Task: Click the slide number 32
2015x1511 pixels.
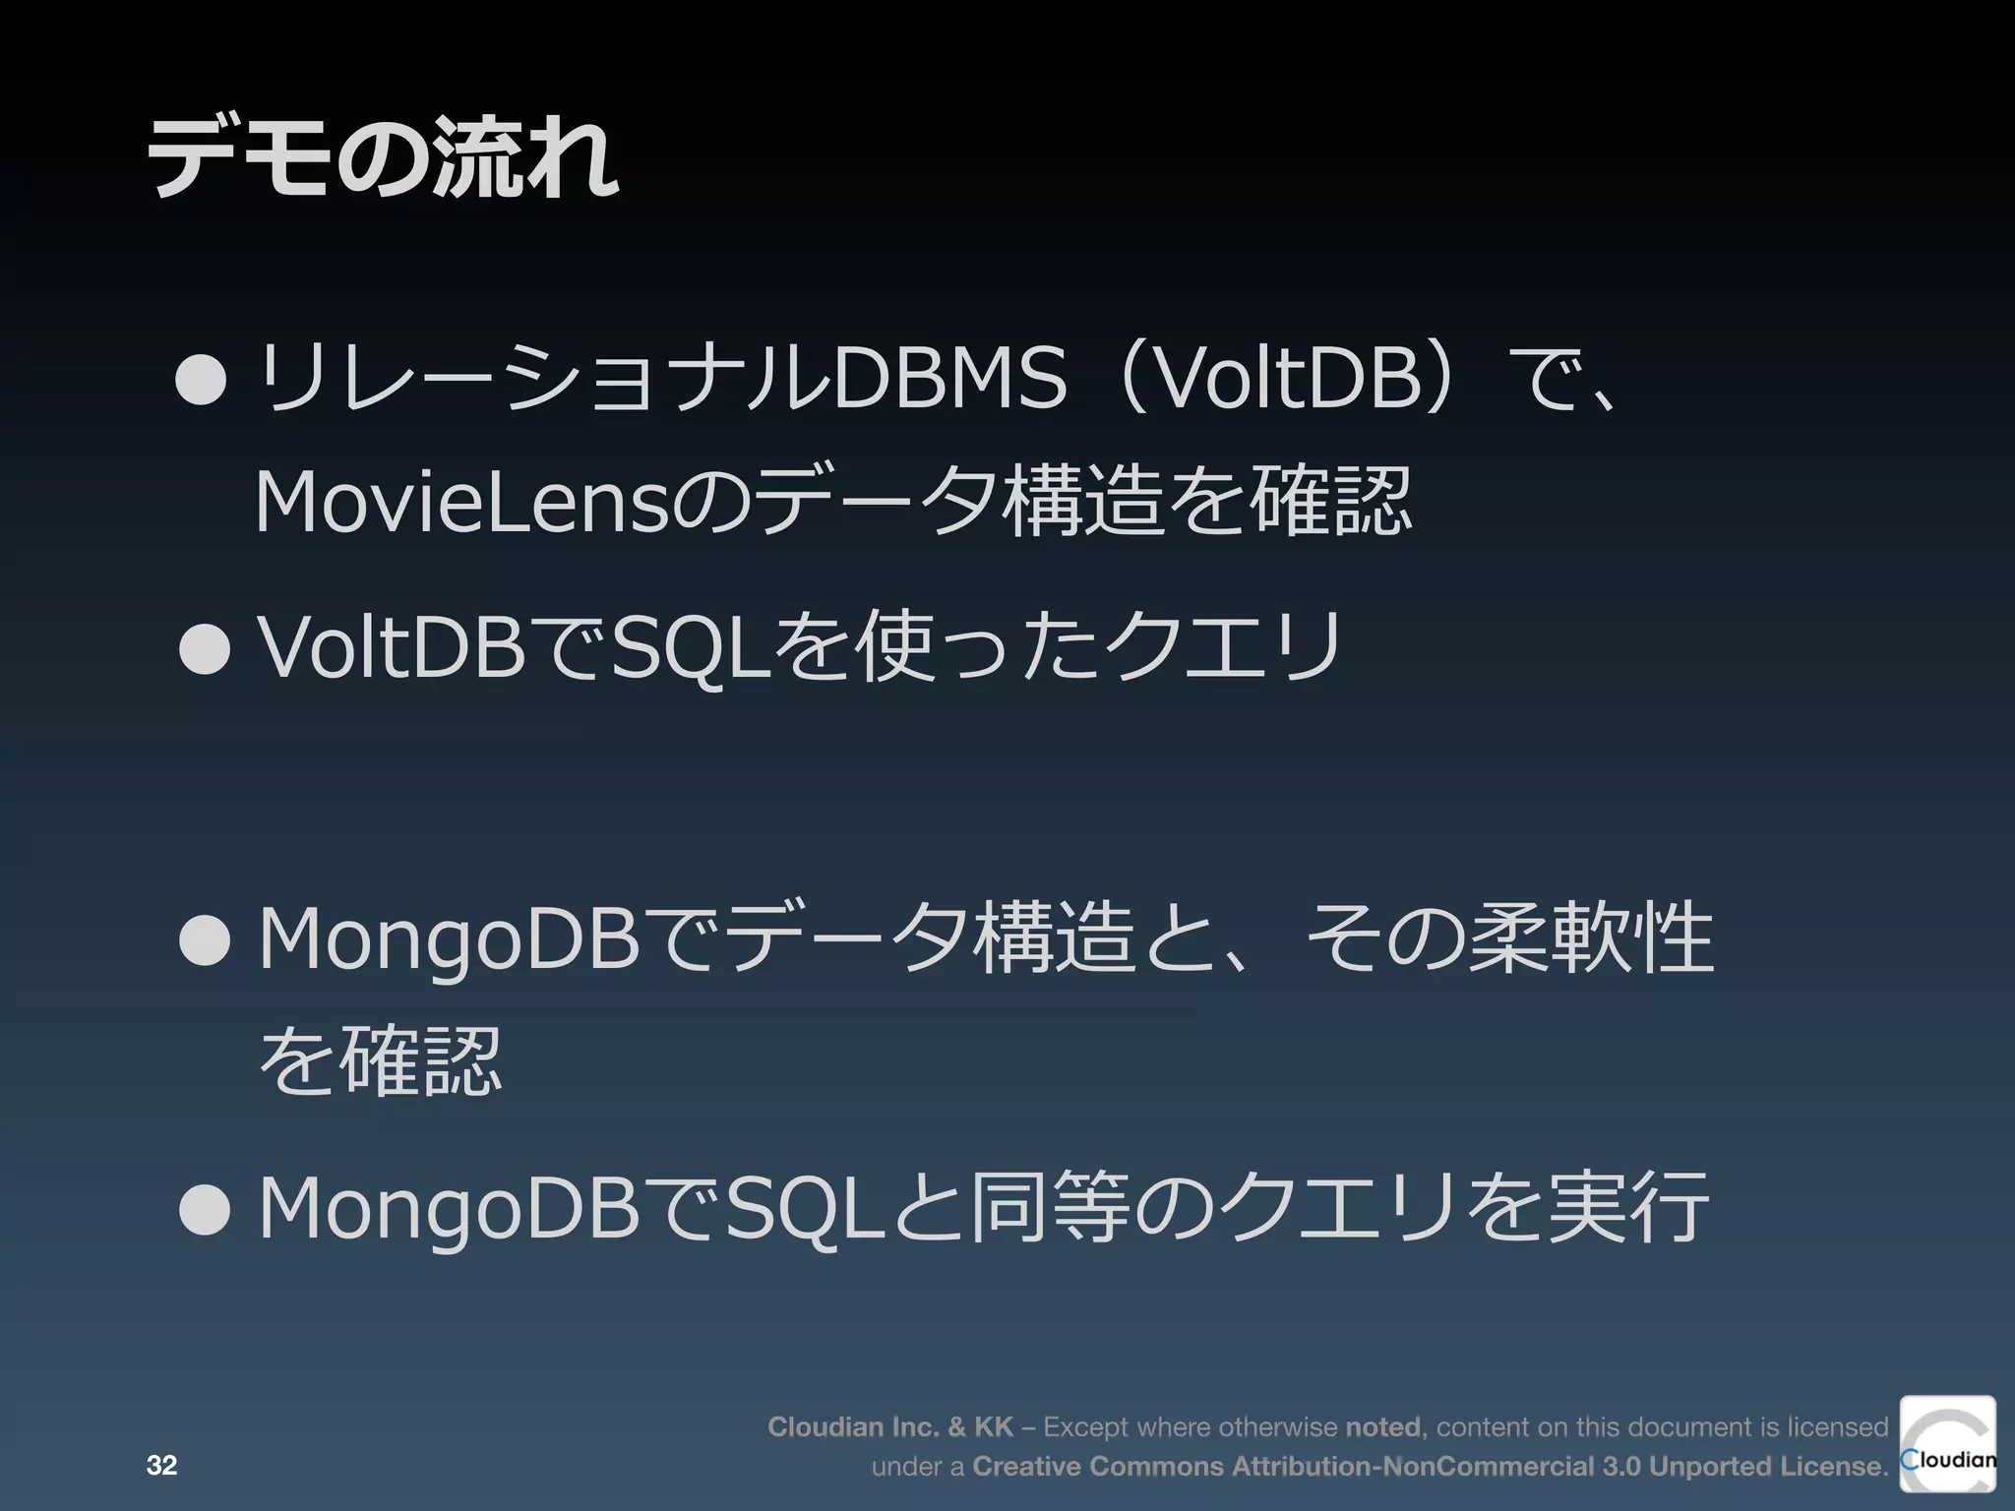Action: [161, 1466]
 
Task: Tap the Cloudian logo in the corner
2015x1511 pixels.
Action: [1947, 1443]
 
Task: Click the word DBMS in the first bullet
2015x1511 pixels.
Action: [950, 378]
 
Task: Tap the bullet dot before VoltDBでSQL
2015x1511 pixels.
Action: [205, 648]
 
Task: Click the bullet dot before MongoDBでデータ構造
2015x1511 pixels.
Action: [205, 940]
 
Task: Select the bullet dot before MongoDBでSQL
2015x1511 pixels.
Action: [205, 1209]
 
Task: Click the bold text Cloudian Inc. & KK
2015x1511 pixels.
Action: [889, 1426]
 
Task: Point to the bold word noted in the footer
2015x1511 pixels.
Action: [1383, 1426]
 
